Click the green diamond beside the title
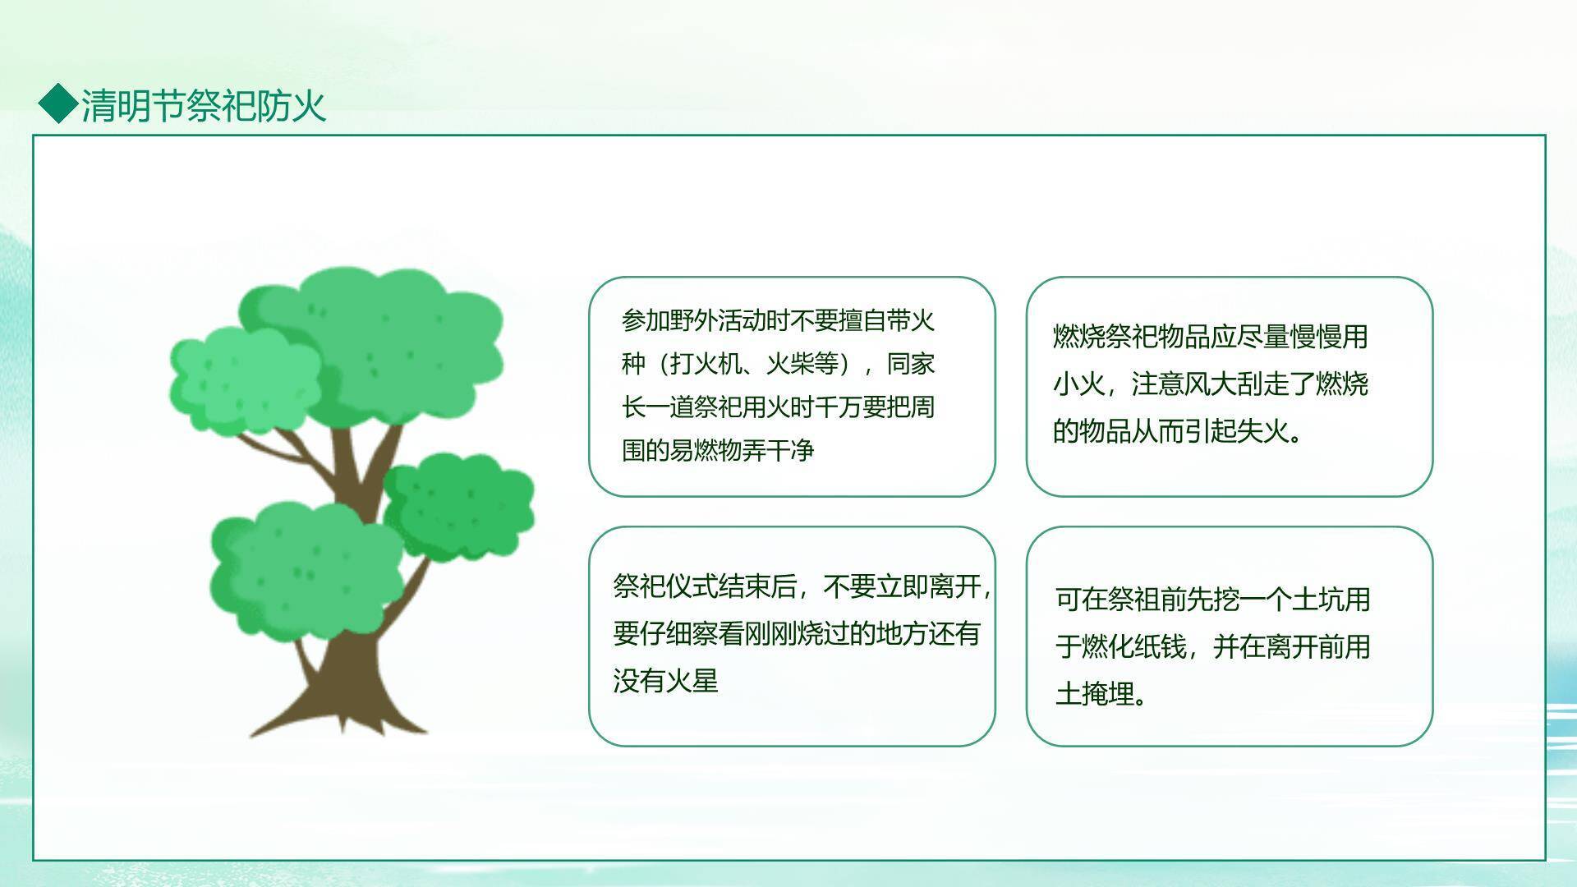58,104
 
